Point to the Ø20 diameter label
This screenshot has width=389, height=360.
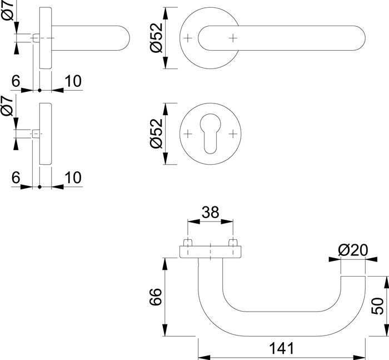click(353, 251)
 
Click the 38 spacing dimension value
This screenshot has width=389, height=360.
click(210, 212)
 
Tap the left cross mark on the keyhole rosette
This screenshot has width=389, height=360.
click(187, 134)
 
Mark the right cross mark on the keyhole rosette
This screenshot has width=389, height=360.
click(233, 134)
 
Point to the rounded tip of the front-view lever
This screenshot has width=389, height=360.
click(358, 38)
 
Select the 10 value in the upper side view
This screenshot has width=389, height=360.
click(72, 81)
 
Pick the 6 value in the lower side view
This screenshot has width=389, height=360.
click(16, 177)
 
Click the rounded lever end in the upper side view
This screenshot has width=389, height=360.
click(125, 38)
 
